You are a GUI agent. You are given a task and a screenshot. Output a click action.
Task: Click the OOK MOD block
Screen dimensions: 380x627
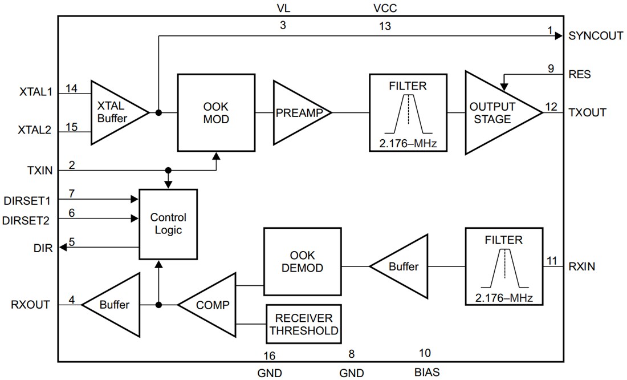216,112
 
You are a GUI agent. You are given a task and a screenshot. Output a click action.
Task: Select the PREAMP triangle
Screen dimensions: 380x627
299,112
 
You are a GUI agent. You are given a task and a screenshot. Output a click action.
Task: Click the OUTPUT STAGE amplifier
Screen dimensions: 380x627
496,112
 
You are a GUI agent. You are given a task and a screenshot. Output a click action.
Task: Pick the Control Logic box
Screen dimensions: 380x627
168,224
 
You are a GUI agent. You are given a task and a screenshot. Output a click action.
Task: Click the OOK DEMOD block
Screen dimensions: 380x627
302,261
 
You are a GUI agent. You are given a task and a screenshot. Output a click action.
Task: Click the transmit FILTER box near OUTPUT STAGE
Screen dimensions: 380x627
408,112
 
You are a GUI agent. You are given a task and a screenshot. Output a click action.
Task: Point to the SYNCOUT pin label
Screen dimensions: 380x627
596,35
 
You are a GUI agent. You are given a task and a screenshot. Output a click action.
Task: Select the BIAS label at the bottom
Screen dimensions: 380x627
427,373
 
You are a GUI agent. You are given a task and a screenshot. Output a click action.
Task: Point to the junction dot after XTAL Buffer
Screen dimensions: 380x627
158,112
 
